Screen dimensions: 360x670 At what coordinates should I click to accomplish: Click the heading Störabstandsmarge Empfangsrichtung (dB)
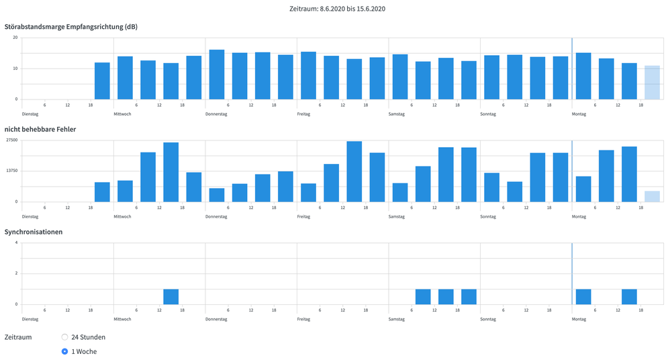(x=71, y=27)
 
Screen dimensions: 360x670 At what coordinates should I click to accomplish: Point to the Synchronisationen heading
(x=34, y=232)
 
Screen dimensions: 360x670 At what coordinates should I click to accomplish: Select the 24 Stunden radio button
(x=64, y=337)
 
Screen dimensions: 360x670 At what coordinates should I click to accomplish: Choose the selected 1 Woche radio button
(x=64, y=351)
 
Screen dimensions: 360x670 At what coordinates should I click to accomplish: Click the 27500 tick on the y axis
(x=11, y=140)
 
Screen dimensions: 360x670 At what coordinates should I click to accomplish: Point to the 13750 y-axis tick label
(x=11, y=171)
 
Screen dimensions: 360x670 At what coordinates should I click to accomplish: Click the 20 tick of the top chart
(x=15, y=37)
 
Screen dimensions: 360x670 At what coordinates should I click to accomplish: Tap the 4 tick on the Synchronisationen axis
(x=16, y=242)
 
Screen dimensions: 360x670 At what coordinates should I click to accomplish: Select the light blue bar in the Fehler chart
(x=652, y=196)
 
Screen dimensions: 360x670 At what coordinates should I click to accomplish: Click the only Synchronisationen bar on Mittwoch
(x=171, y=297)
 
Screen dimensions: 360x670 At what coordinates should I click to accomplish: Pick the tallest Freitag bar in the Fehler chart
(x=354, y=171)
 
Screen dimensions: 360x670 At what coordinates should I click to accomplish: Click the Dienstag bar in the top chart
(x=102, y=81)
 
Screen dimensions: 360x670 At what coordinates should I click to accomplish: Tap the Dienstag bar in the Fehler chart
(x=102, y=192)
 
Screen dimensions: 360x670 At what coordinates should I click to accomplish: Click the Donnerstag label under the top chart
(x=216, y=114)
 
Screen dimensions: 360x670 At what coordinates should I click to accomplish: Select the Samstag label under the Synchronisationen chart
(x=397, y=320)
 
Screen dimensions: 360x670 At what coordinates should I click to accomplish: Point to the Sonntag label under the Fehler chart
(x=489, y=217)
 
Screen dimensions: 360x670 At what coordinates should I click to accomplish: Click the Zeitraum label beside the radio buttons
(x=18, y=337)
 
